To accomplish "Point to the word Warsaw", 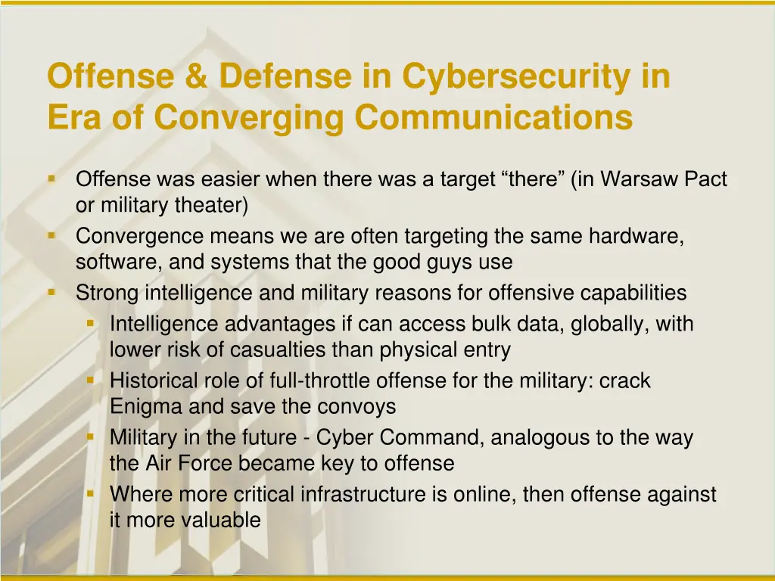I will click(642, 179).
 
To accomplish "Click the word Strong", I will click(107, 292).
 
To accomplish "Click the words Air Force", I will click(186, 463).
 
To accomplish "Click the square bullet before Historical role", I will click(91, 380).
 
